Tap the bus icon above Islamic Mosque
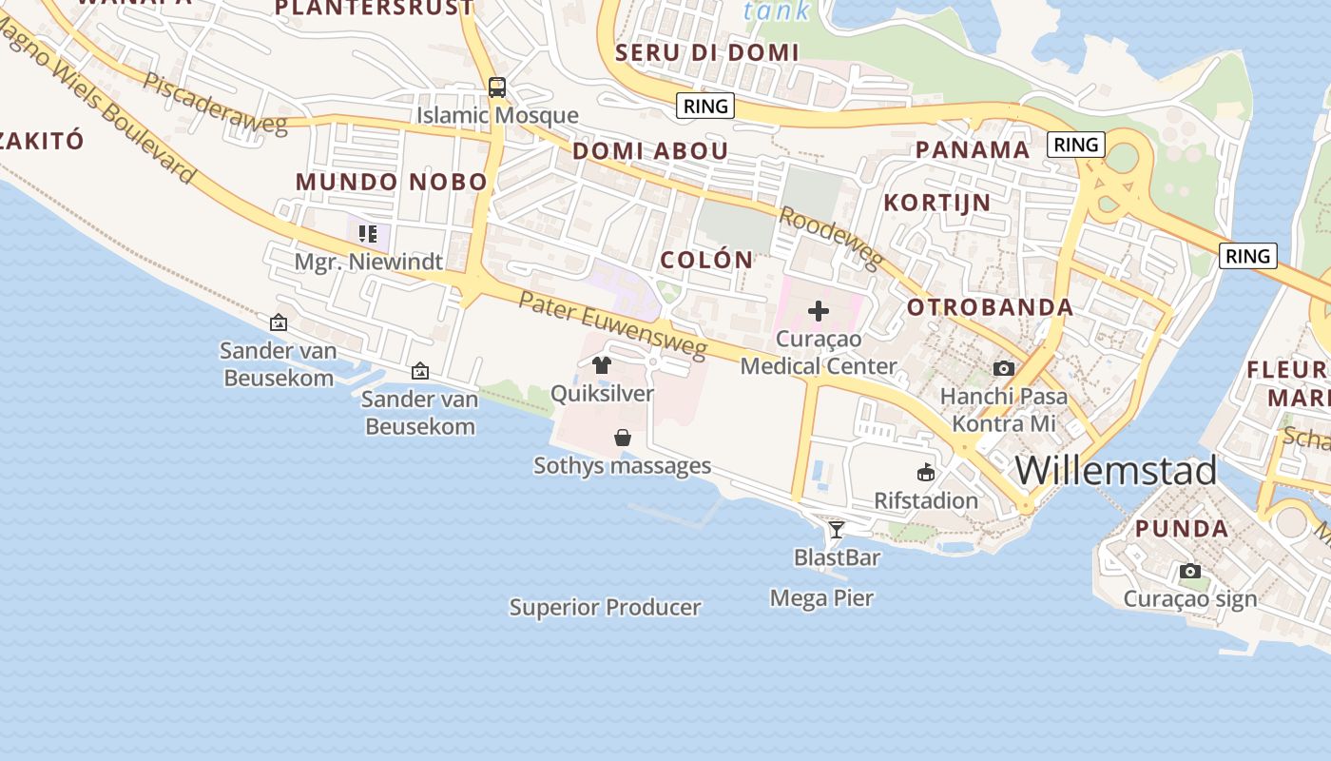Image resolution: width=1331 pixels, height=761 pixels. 496,88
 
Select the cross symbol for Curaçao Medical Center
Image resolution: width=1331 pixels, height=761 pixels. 818,311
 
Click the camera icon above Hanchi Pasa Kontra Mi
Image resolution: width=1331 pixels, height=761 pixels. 1003,368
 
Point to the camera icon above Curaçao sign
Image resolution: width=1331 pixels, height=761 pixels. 1189,572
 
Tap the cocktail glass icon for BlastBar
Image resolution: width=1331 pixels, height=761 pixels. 836,529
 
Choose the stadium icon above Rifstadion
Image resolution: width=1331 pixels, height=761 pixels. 925,472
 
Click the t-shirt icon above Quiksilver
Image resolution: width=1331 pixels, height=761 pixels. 601,364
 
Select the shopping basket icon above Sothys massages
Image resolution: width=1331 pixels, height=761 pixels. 622,438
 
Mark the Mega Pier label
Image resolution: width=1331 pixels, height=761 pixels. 821,598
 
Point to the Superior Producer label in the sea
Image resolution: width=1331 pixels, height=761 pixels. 605,607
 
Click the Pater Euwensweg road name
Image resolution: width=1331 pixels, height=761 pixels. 613,325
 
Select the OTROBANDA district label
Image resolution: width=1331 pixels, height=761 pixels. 990,307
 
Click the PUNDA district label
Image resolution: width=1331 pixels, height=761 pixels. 1182,529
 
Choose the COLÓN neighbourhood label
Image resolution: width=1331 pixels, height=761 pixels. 706,260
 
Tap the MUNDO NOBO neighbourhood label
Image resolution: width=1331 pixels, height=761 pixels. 391,182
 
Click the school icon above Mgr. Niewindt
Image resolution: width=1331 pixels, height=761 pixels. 368,234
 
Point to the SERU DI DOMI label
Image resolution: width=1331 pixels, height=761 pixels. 706,53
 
